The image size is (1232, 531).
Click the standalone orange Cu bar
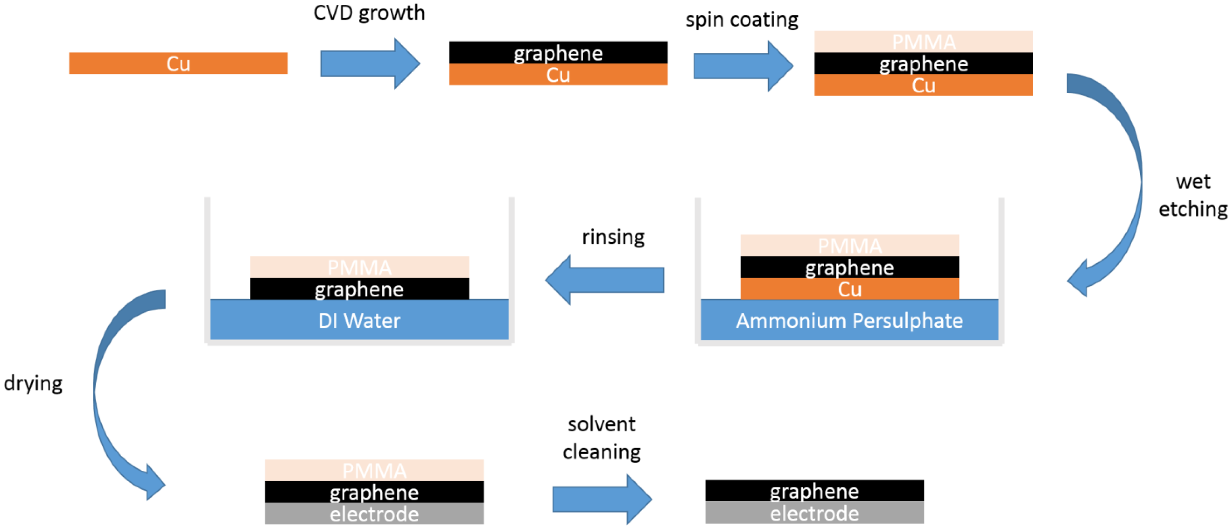[x=178, y=63]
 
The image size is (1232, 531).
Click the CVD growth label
[x=369, y=13]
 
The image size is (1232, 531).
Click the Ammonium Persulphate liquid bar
[x=849, y=320]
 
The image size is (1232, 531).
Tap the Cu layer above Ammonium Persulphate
[x=849, y=289]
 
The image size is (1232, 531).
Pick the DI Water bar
[x=359, y=320]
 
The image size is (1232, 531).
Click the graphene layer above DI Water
[x=359, y=289]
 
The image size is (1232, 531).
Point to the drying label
[x=33, y=384]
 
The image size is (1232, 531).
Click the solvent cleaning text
[x=602, y=438]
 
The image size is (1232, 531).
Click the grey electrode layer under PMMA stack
[x=374, y=514]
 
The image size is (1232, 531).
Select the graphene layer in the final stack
[x=814, y=491]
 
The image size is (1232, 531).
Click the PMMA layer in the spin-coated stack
[x=924, y=42]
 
